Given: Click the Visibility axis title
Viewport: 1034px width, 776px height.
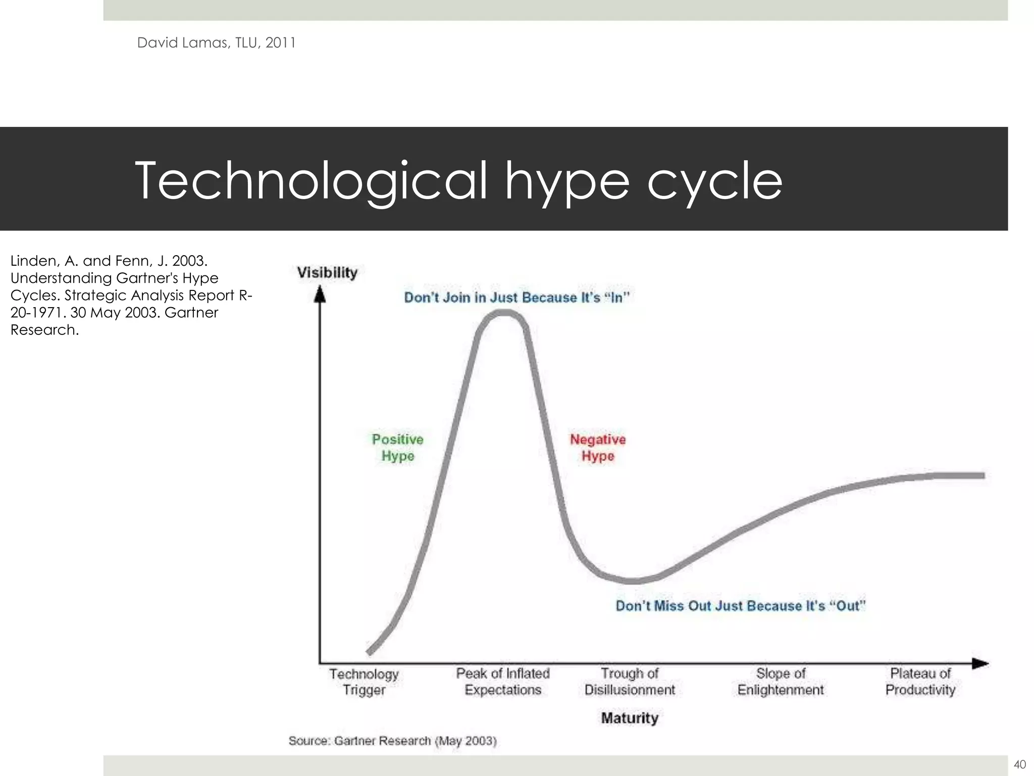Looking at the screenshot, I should [327, 273].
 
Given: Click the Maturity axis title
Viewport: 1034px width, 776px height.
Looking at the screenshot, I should [630, 718].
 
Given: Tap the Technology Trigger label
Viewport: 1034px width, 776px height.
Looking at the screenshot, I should [364, 682].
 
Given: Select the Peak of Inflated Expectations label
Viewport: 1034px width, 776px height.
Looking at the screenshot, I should [503, 682].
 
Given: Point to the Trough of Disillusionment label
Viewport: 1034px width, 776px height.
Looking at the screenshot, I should [630, 682].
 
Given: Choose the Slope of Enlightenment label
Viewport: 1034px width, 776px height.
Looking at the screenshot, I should [781, 682].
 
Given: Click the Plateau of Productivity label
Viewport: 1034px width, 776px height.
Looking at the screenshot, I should [920, 682].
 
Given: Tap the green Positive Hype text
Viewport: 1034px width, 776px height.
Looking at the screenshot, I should [398, 448].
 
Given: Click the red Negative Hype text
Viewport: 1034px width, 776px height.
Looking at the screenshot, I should [598, 448].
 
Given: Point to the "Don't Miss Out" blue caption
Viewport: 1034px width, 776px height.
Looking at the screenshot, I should [741, 606].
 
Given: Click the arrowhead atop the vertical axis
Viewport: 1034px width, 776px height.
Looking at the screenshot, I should [320, 294].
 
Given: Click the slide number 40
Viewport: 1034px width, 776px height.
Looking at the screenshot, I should [1019, 764].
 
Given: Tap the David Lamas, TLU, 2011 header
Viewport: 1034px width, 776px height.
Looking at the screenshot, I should [217, 43].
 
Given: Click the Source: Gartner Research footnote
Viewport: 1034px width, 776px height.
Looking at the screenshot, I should [392, 741].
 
